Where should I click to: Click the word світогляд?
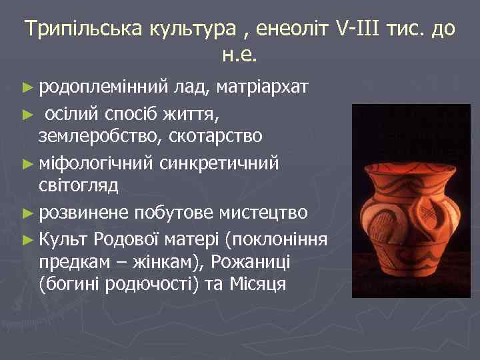point(79,185)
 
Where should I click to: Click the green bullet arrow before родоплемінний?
point(27,87)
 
